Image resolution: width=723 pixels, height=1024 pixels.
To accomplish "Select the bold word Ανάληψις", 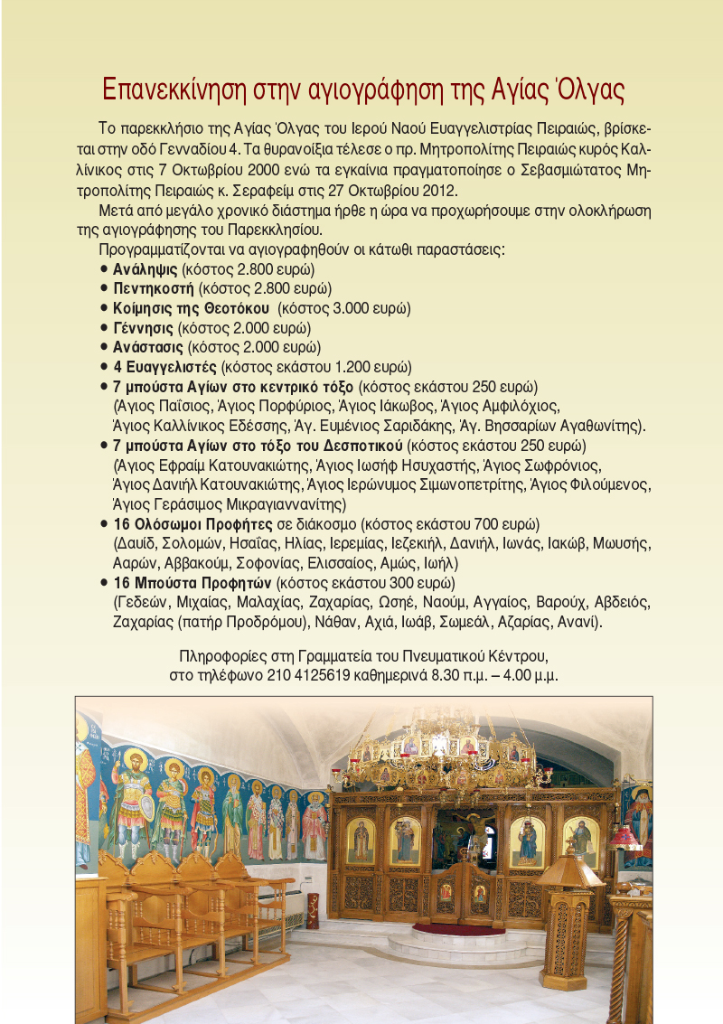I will click(x=146, y=269).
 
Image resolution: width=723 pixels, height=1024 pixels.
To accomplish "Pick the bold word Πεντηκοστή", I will click(x=154, y=288).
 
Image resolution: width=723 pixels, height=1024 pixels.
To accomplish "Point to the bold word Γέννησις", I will click(x=144, y=327).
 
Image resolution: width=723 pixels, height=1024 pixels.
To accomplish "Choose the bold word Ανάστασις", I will click(x=148, y=347).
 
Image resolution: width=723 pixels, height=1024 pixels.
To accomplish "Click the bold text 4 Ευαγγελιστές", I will click(x=164, y=367).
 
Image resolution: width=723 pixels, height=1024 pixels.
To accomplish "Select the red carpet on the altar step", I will click(x=458, y=927).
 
